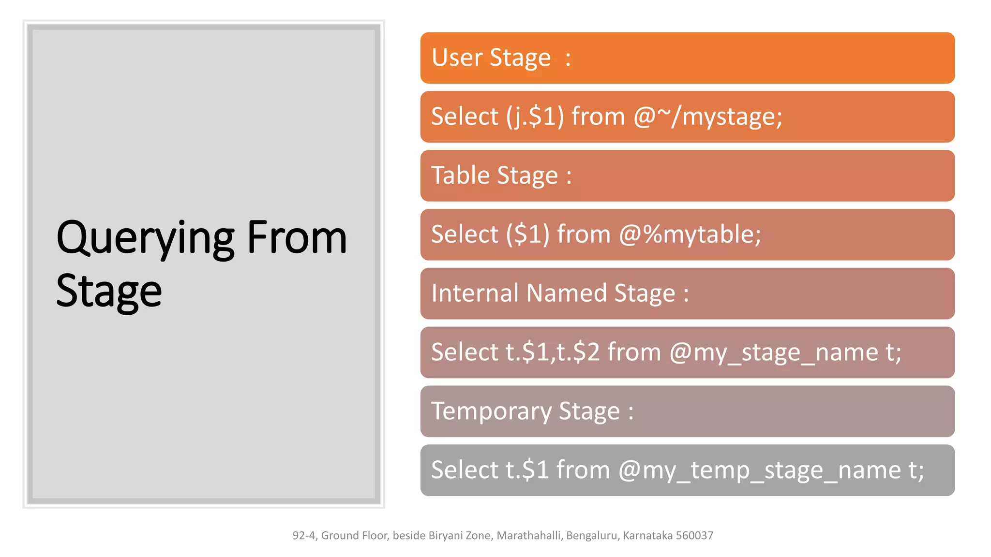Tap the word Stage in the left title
click(109, 291)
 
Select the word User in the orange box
click(457, 58)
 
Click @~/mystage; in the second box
click(707, 117)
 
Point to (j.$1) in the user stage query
click(535, 117)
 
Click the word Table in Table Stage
click(460, 175)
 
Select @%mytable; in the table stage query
click(690, 235)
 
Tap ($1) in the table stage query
click(528, 235)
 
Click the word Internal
click(475, 293)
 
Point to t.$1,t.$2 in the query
click(553, 352)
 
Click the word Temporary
click(491, 411)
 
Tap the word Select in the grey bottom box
click(465, 470)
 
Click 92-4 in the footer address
click(304, 535)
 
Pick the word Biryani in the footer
click(445, 535)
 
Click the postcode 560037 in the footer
click(694, 535)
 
